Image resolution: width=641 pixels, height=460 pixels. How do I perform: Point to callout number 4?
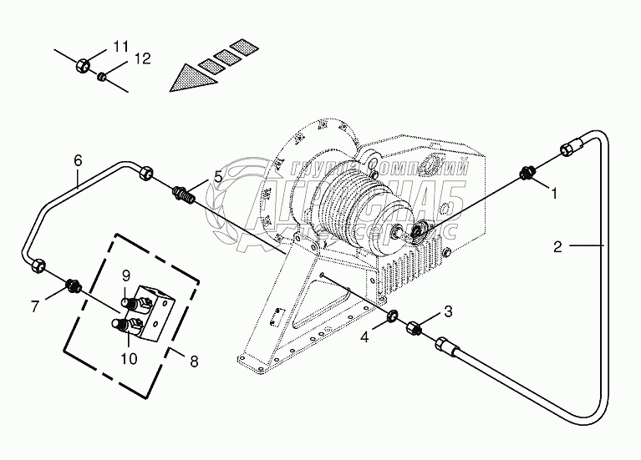tap(364, 338)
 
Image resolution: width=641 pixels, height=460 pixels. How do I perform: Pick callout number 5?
tap(217, 176)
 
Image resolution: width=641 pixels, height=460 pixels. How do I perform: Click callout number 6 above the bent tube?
tap(78, 159)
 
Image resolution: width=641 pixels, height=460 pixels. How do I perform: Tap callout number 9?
tap(126, 275)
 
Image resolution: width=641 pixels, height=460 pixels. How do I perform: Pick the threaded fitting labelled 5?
tap(182, 195)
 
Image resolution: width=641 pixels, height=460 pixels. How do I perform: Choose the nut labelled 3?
tap(413, 328)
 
